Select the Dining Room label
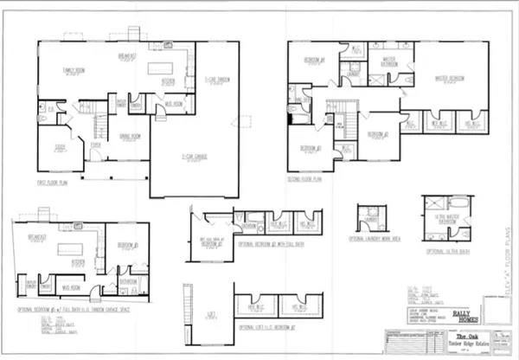[130, 136]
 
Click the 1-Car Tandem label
[215, 80]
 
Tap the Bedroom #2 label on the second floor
[376, 135]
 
